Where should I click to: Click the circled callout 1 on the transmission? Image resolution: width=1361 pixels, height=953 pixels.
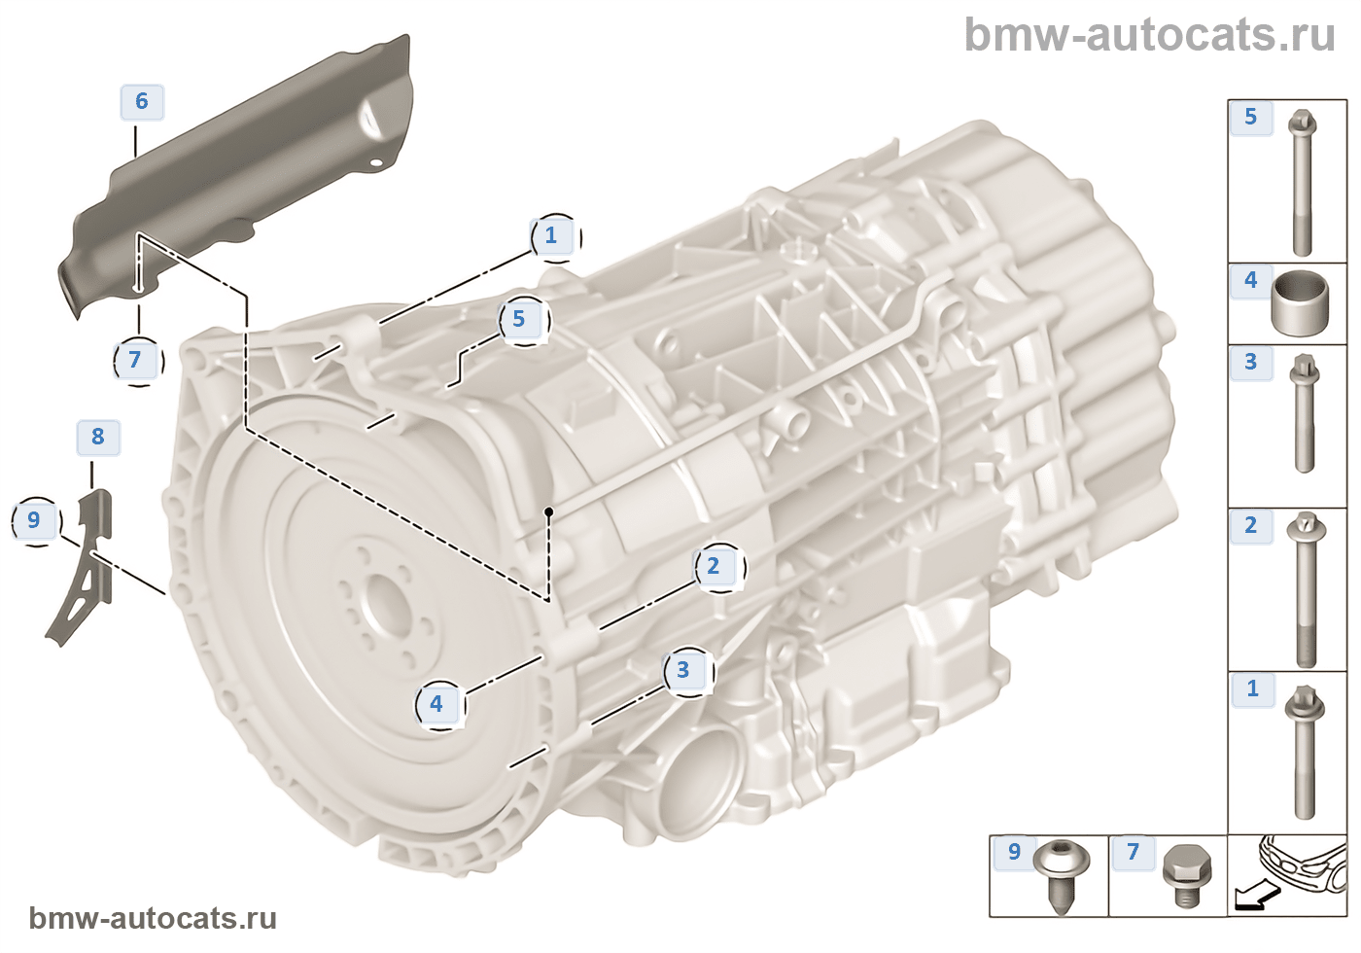[551, 235]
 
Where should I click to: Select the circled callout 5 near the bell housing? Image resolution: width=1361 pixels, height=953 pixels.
[519, 319]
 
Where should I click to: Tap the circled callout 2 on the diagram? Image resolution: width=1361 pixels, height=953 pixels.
[714, 566]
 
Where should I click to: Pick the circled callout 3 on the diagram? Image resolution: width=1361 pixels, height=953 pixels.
[683, 670]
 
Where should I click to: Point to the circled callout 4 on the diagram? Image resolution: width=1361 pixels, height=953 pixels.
[436, 704]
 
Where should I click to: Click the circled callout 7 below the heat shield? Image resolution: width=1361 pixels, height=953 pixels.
[135, 361]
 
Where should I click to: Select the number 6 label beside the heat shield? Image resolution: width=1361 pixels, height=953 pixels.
[142, 102]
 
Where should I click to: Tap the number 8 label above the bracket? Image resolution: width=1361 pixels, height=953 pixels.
[98, 437]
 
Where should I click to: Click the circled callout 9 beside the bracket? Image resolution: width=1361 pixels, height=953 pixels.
[34, 520]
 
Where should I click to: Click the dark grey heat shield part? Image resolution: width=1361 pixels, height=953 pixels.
[243, 165]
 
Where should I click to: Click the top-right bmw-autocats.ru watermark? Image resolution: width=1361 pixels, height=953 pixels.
[1149, 36]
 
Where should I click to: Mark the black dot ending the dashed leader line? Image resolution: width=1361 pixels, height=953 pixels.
[548, 512]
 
